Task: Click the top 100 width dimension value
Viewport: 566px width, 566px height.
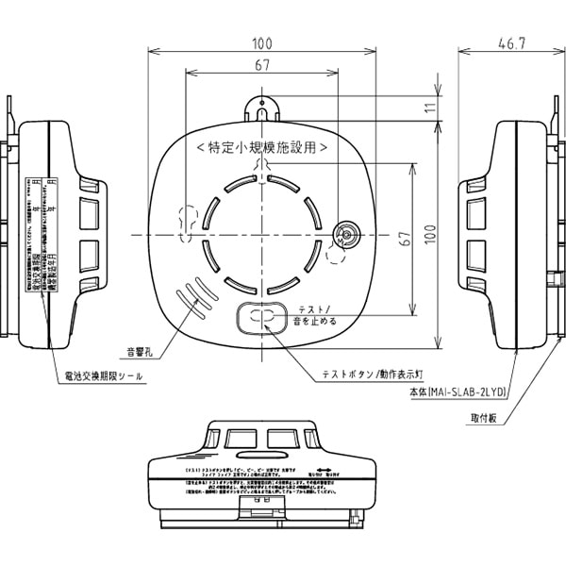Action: click(x=262, y=43)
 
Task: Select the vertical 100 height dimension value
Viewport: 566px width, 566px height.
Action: click(x=432, y=234)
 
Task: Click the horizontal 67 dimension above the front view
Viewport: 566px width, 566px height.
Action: click(x=262, y=65)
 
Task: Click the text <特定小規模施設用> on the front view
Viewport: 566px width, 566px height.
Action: click(x=262, y=147)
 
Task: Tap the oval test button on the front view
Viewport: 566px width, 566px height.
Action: click(x=262, y=317)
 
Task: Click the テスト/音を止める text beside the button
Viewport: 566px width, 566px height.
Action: click(x=324, y=315)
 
